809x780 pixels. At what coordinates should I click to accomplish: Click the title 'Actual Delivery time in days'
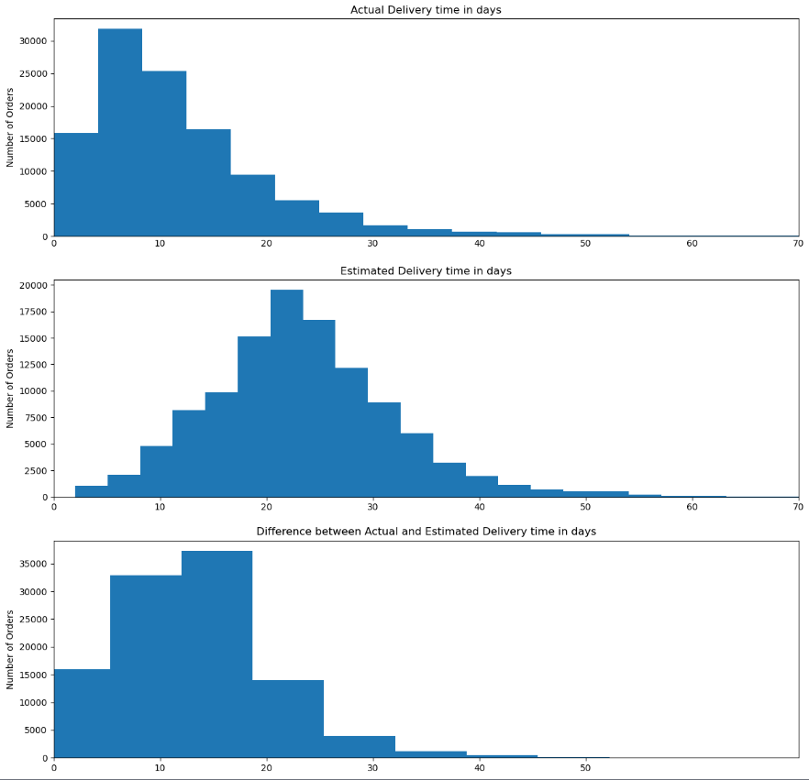point(426,10)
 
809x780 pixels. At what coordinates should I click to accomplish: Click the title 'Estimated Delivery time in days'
point(426,271)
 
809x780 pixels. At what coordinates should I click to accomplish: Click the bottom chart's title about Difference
point(426,532)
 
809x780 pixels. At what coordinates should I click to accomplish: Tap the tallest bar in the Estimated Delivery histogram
point(286,394)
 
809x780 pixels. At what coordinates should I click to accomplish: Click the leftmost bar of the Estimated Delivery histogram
point(91,491)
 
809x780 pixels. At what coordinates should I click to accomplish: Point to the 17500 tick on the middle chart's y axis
point(33,312)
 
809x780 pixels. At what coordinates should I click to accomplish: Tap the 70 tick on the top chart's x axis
point(797,245)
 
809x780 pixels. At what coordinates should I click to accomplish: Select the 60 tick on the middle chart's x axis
point(692,506)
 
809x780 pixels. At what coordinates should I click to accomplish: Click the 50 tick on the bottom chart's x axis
point(585,767)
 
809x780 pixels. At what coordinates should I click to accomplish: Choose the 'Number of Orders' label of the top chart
point(11,127)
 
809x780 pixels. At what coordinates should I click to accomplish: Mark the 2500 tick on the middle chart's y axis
point(36,471)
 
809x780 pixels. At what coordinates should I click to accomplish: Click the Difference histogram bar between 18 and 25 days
point(288,720)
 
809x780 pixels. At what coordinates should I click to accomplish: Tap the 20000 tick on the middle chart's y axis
point(33,285)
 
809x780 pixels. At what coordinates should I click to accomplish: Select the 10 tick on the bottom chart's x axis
point(161,767)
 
